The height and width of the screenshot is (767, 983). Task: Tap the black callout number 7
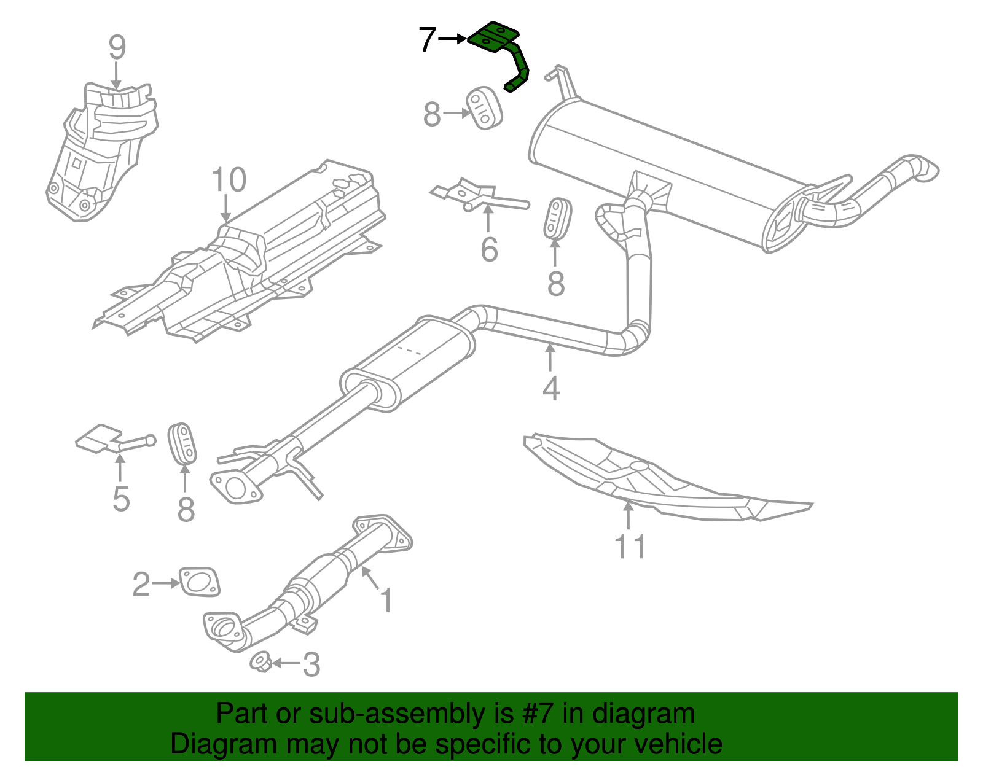click(x=427, y=40)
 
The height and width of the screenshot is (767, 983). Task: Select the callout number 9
click(x=117, y=47)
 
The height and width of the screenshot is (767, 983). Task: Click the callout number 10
click(x=229, y=180)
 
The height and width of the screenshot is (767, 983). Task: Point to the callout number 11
click(x=630, y=546)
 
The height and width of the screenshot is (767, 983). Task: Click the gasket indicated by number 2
click(x=200, y=582)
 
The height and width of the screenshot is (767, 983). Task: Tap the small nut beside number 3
click(x=260, y=662)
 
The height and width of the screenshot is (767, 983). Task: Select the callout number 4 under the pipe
click(x=551, y=388)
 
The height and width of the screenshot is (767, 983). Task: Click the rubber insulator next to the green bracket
click(x=485, y=108)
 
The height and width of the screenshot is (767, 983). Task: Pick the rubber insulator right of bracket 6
click(x=557, y=218)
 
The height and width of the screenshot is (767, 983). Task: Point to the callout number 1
click(x=386, y=600)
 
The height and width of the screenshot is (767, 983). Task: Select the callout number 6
click(x=489, y=249)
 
